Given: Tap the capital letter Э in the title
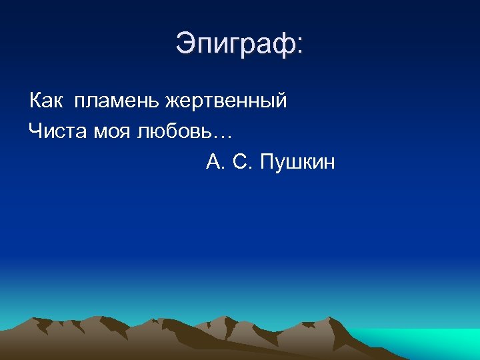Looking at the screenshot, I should tap(185, 44).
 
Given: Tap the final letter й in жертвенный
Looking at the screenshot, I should tap(281, 100).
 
